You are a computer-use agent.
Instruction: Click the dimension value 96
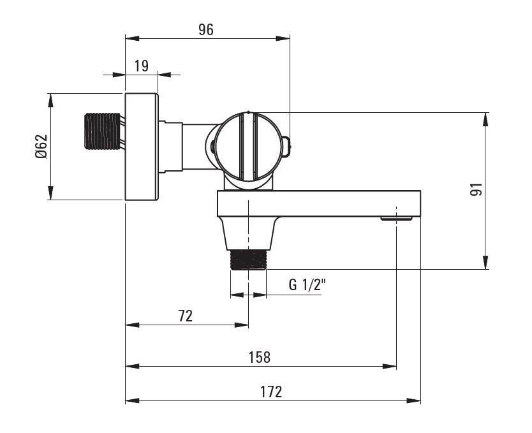(x=205, y=29)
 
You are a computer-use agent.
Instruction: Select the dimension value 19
(x=142, y=65)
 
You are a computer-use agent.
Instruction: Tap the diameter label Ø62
(x=41, y=147)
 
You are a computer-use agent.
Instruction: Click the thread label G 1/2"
(x=307, y=285)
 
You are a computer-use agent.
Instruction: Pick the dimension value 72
(x=185, y=315)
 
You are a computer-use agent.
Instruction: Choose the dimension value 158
(x=260, y=357)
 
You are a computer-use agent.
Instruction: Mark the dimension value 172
(x=271, y=392)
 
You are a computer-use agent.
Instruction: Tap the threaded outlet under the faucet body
(x=248, y=260)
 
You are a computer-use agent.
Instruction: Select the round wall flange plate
(x=141, y=147)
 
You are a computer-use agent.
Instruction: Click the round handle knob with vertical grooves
(x=247, y=147)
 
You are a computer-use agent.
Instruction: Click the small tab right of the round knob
(x=287, y=144)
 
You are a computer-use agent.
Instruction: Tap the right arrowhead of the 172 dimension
(x=415, y=400)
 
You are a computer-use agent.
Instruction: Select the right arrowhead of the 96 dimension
(x=283, y=38)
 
